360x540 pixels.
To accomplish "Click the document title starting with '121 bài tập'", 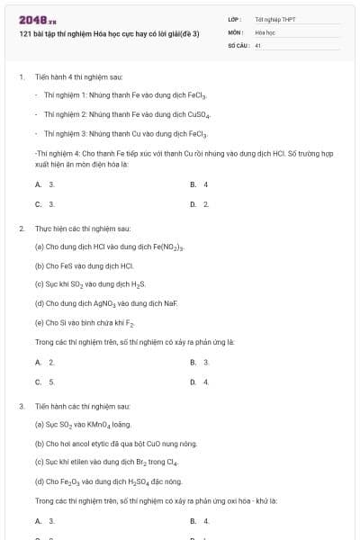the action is coord(108,33).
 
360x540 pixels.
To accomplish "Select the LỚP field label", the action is coord(235,19).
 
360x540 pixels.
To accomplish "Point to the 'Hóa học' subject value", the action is coord(265,31).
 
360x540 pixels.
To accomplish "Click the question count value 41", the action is coord(257,44).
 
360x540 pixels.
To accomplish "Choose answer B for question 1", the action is coord(200,184).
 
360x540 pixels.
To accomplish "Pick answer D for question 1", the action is coord(200,204).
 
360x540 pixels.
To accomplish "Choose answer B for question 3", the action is coord(200,521).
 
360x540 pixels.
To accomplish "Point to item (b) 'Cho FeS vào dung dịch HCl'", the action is coord(84,265).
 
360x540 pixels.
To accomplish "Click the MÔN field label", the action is coord(236,31).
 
